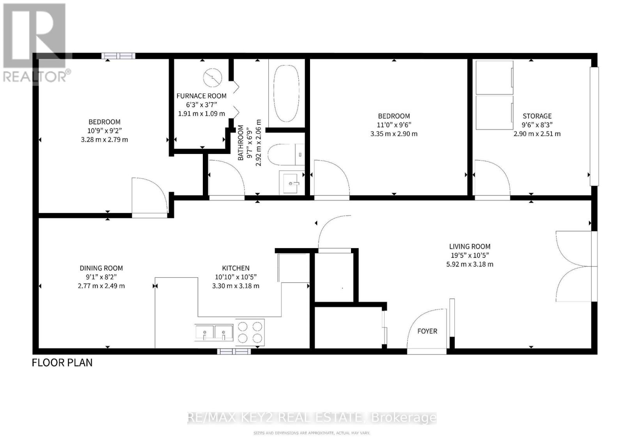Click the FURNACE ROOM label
[x=201, y=96]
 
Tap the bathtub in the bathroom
[x=286, y=93]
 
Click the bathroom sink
[x=291, y=182]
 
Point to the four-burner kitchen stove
[x=250, y=332]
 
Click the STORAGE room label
[x=537, y=116]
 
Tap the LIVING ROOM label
[x=470, y=247]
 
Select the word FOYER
[x=427, y=331]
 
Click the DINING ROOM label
[x=101, y=268]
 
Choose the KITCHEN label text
[x=236, y=268]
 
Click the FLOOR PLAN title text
[x=62, y=363]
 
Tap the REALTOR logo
[x=35, y=43]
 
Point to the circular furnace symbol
[x=213, y=77]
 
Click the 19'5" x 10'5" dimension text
[x=470, y=256]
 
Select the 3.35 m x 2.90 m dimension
[x=394, y=134]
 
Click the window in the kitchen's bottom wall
[x=234, y=351]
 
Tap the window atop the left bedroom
[x=119, y=56]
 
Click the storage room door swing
[x=492, y=179]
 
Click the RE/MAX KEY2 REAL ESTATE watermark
[x=312, y=418]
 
